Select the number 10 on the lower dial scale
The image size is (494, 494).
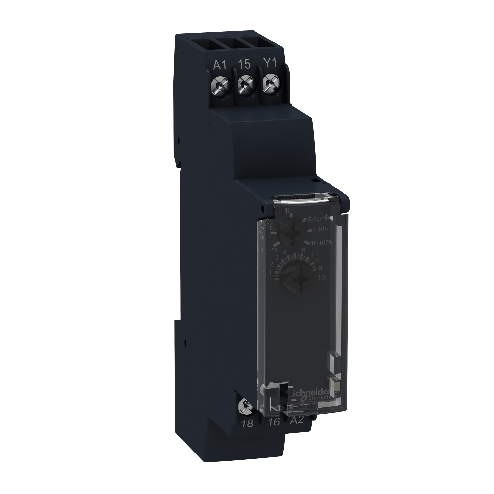click(x=321, y=277)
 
